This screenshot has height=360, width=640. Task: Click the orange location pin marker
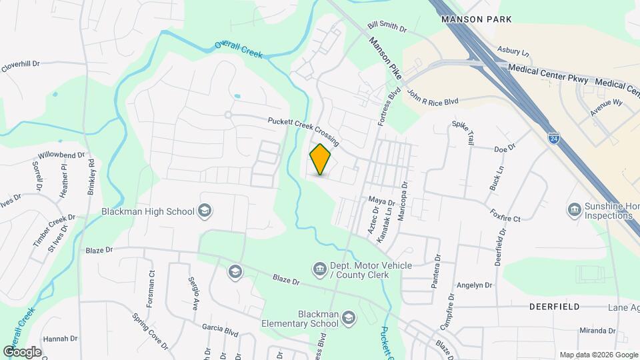pos(320,159)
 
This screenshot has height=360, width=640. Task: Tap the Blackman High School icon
pos(205,211)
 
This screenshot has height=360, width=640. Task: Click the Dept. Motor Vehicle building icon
pos(319,269)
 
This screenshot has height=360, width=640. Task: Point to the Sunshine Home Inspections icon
pos(573,211)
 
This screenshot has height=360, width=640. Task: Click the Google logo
pos(22,351)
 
